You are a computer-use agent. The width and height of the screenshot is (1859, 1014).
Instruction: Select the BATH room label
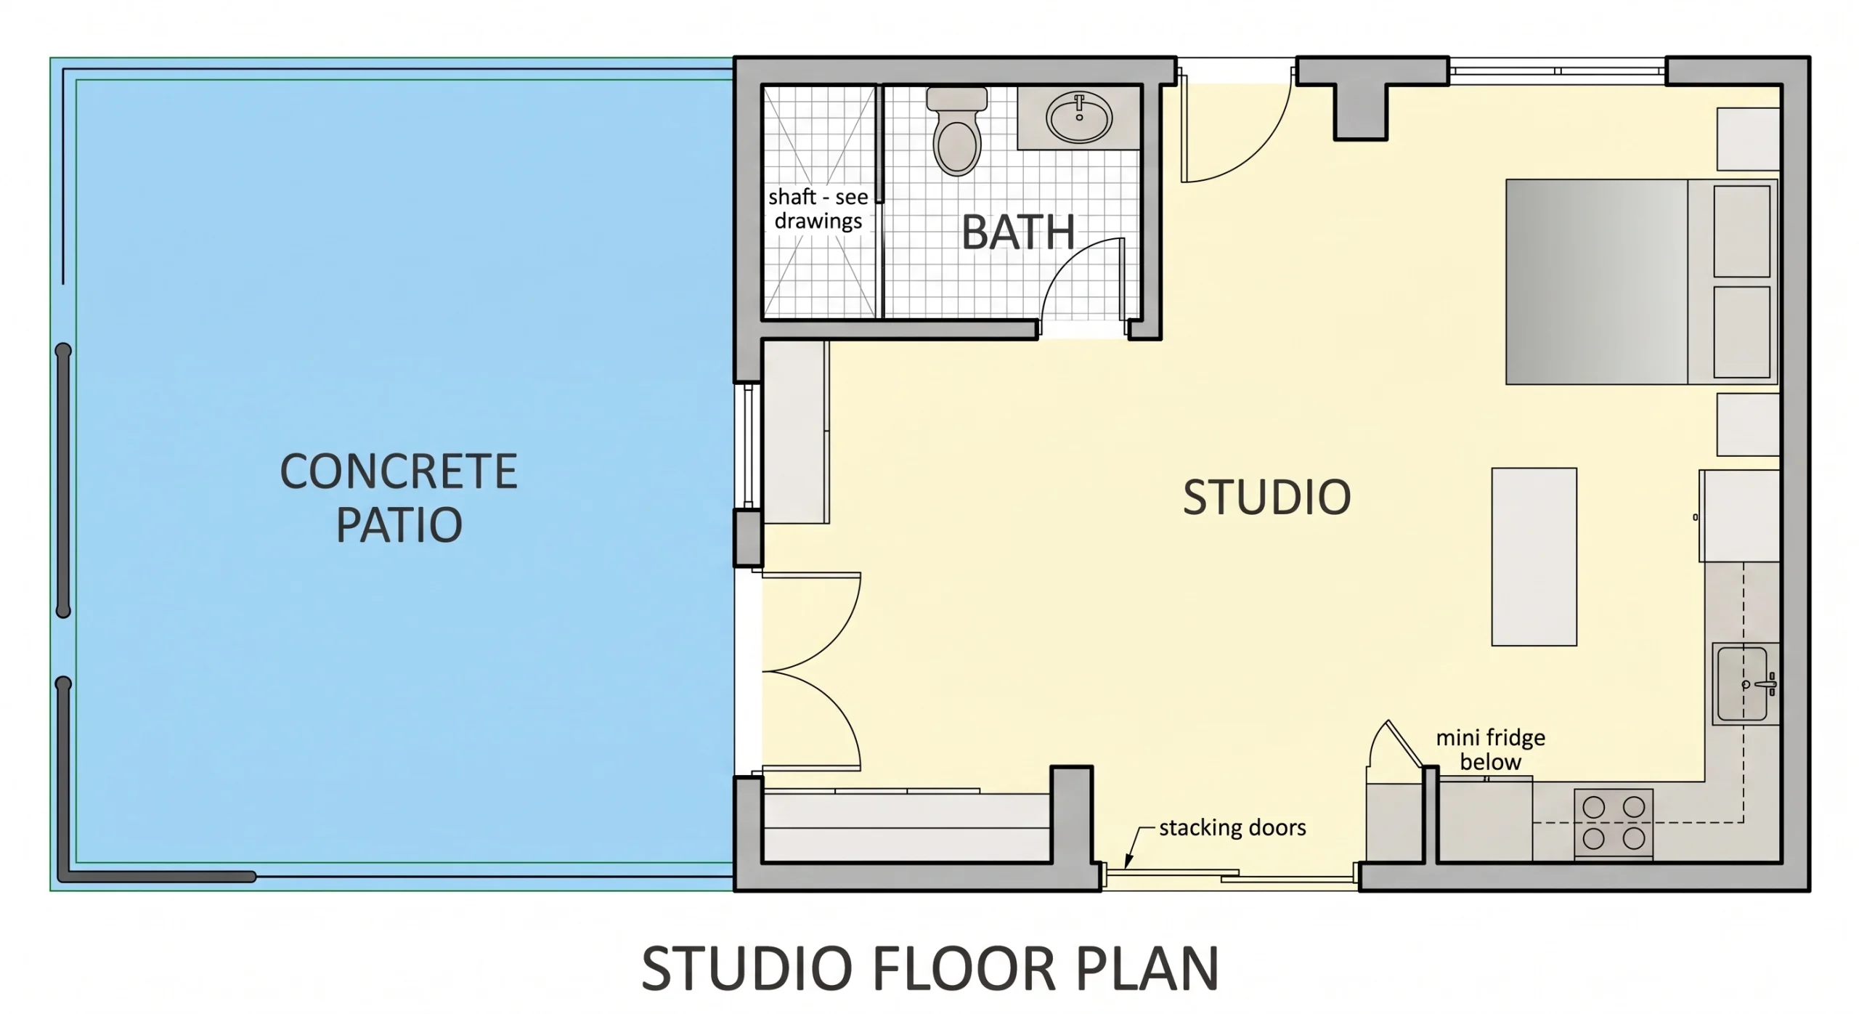[x=1018, y=232]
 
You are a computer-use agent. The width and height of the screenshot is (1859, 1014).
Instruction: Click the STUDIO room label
[x=1266, y=498]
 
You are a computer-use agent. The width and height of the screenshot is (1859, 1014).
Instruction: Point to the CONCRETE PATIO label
[x=399, y=498]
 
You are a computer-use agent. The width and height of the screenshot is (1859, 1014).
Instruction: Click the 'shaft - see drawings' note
[x=818, y=208]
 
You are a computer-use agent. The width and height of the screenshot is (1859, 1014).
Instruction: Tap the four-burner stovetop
[x=1614, y=823]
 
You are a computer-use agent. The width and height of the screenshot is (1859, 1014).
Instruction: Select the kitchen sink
[x=1745, y=684]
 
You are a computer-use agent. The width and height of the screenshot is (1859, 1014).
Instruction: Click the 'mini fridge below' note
[x=1490, y=750]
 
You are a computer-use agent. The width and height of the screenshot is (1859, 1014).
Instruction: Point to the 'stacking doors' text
[x=1232, y=827]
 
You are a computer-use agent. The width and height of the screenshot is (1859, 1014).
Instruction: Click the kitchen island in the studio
[x=1534, y=556]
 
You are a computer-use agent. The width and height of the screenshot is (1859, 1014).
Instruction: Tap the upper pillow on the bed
[x=1741, y=231]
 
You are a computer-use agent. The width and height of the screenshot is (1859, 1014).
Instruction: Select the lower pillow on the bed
[x=1741, y=332]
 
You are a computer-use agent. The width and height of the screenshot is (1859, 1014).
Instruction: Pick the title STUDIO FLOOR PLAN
[x=930, y=968]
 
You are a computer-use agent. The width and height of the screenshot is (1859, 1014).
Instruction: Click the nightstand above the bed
[x=1748, y=139]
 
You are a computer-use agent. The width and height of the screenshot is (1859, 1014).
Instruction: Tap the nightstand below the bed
[x=1748, y=425]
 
